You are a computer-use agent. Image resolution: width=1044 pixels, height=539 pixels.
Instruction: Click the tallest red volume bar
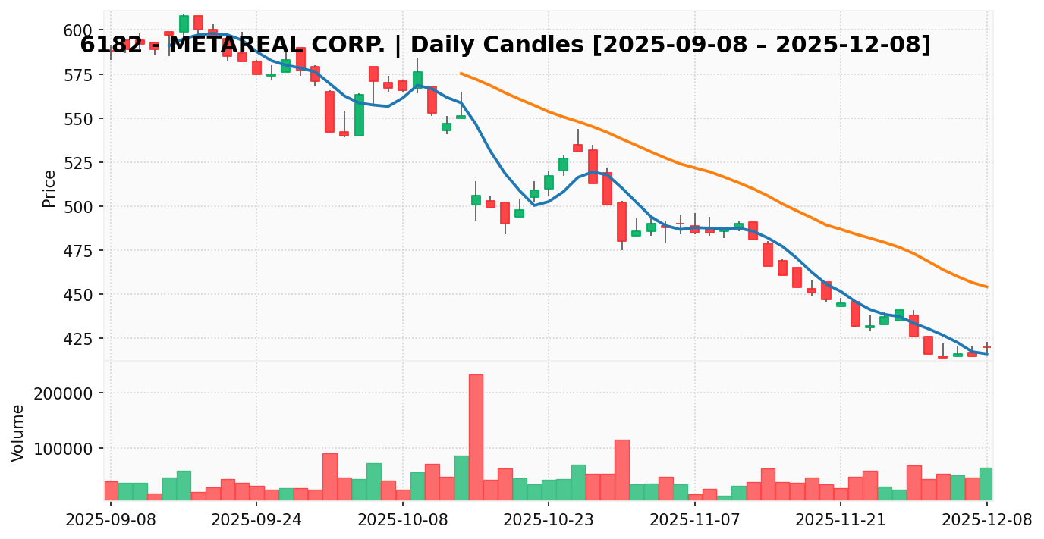tap(476, 437)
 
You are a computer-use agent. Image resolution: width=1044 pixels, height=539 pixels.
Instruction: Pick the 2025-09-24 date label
tap(256, 520)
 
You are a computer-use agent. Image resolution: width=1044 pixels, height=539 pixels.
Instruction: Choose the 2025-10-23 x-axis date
tap(549, 520)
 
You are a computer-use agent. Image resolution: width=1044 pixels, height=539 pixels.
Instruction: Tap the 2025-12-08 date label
tap(986, 520)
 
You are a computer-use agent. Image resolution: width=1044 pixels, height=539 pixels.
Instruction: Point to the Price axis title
tap(49, 188)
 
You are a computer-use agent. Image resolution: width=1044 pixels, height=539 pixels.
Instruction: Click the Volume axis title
tap(18, 432)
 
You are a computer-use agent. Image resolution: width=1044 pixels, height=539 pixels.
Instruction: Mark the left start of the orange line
tap(461, 74)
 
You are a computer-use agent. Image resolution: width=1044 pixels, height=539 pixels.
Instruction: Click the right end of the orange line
tap(986, 287)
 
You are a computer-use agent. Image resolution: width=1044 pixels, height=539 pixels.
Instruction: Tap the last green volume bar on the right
tap(986, 484)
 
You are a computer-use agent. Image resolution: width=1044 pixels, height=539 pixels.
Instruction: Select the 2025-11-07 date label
tap(695, 520)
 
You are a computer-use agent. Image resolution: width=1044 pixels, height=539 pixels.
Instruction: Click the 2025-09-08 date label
tap(111, 520)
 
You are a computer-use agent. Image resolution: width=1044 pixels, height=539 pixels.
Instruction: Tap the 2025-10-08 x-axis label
tap(403, 520)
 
